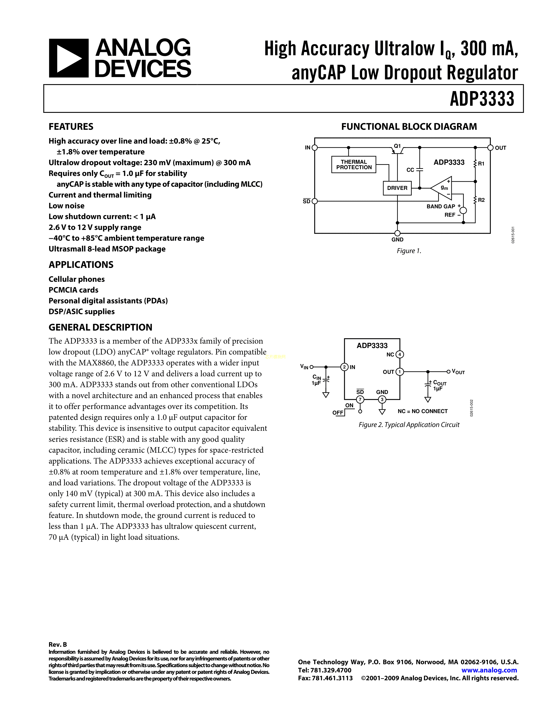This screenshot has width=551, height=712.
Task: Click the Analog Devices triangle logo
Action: (68, 58)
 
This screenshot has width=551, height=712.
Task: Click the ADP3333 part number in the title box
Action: (482, 99)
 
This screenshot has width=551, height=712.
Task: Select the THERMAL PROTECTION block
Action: (354, 165)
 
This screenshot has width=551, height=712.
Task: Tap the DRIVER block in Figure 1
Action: (397, 188)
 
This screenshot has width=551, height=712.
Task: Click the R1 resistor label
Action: (481, 164)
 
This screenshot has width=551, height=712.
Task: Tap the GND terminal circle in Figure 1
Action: (397, 233)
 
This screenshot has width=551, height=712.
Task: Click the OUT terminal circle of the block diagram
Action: (490, 148)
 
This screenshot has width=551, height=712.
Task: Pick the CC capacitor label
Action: (410, 170)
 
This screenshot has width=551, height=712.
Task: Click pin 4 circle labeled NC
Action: (400, 354)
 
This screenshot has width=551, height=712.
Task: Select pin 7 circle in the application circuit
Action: (360, 400)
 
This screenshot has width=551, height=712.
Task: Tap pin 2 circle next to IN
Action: (344, 367)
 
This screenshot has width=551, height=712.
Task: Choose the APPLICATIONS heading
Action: (81, 265)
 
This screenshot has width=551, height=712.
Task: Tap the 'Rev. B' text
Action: (58, 644)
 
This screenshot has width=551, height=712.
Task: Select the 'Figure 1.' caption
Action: (409, 251)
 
